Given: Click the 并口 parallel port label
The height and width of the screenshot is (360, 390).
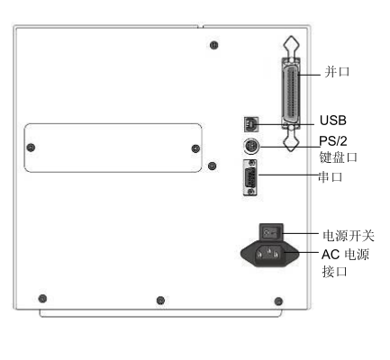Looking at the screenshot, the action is (x=337, y=72).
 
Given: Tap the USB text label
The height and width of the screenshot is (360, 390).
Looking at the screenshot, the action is (x=333, y=121).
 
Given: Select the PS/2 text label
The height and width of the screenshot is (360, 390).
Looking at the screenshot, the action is (x=333, y=140).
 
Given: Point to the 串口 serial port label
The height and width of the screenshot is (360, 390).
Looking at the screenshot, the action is (x=331, y=176).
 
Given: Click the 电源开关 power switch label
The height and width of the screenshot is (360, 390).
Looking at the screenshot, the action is (x=349, y=236).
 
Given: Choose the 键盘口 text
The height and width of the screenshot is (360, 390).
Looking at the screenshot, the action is (x=339, y=157).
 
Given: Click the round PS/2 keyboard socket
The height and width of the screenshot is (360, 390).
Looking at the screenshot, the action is (x=251, y=147).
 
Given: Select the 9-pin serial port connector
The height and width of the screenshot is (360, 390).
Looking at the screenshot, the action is (x=249, y=177).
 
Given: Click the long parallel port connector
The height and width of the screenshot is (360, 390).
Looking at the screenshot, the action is (x=291, y=94).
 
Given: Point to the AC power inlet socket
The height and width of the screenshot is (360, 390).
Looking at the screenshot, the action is (x=269, y=254).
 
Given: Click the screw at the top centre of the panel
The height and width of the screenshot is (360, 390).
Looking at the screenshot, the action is (x=213, y=45).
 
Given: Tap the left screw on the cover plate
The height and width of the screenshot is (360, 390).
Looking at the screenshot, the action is (x=31, y=148).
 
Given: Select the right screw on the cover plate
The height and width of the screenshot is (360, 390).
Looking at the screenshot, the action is (x=195, y=148).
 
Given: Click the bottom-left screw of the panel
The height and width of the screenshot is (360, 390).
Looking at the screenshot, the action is (x=42, y=299).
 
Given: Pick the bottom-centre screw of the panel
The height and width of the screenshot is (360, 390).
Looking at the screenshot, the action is (x=160, y=301).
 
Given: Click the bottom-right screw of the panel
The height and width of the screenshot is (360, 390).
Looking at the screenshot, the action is (x=278, y=301).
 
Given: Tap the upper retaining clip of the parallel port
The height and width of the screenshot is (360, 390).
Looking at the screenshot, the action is (x=291, y=48).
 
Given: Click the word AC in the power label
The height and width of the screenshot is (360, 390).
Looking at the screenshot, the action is (x=331, y=255).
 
